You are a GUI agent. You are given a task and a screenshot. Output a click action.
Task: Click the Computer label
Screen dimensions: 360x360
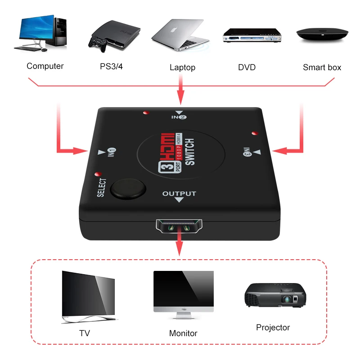pos(45,66)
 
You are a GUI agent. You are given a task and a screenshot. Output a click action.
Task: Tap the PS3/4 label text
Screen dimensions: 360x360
pos(111,66)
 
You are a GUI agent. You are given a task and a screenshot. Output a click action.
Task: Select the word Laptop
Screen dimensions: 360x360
pos(182,67)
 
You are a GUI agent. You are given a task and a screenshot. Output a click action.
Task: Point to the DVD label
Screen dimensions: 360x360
pos(247,67)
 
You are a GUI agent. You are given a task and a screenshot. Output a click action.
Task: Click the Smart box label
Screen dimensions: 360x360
pos(322,67)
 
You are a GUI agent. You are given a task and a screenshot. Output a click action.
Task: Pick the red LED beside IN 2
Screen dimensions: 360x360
pos(145,112)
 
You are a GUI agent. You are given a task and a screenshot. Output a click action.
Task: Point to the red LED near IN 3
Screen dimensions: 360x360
pos(255,133)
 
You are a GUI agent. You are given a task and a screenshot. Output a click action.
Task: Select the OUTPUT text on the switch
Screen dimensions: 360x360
pos(179,194)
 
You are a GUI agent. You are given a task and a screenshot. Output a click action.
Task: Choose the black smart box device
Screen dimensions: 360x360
pos(322,35)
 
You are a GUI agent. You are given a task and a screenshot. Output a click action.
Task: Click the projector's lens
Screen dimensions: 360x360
pos(287,299)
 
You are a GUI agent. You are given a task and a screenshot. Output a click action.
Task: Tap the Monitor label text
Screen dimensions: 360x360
pos(183,333)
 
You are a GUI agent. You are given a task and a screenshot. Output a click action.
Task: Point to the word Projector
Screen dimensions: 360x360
pos(273,328)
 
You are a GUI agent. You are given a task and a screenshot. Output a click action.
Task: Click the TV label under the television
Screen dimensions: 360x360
pos(85,333)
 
